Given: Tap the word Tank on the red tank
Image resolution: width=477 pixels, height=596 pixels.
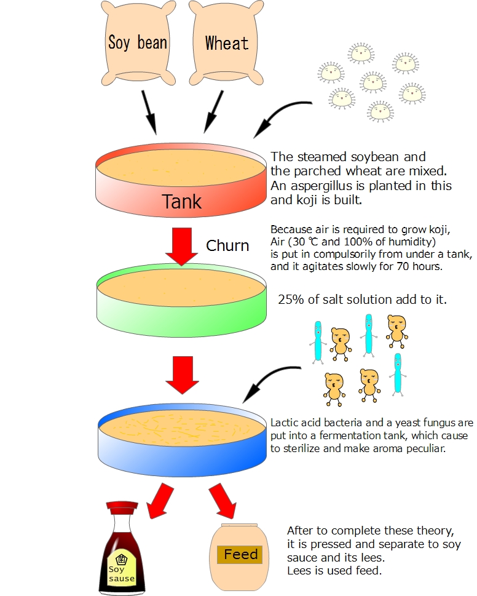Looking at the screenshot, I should tap(181, 201).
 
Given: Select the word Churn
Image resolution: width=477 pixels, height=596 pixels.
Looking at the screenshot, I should tap(227, 246).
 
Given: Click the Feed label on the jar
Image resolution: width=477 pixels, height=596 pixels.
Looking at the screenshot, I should tap(240, 555).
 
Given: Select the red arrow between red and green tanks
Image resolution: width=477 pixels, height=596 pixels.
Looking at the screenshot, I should tap(181, 246).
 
